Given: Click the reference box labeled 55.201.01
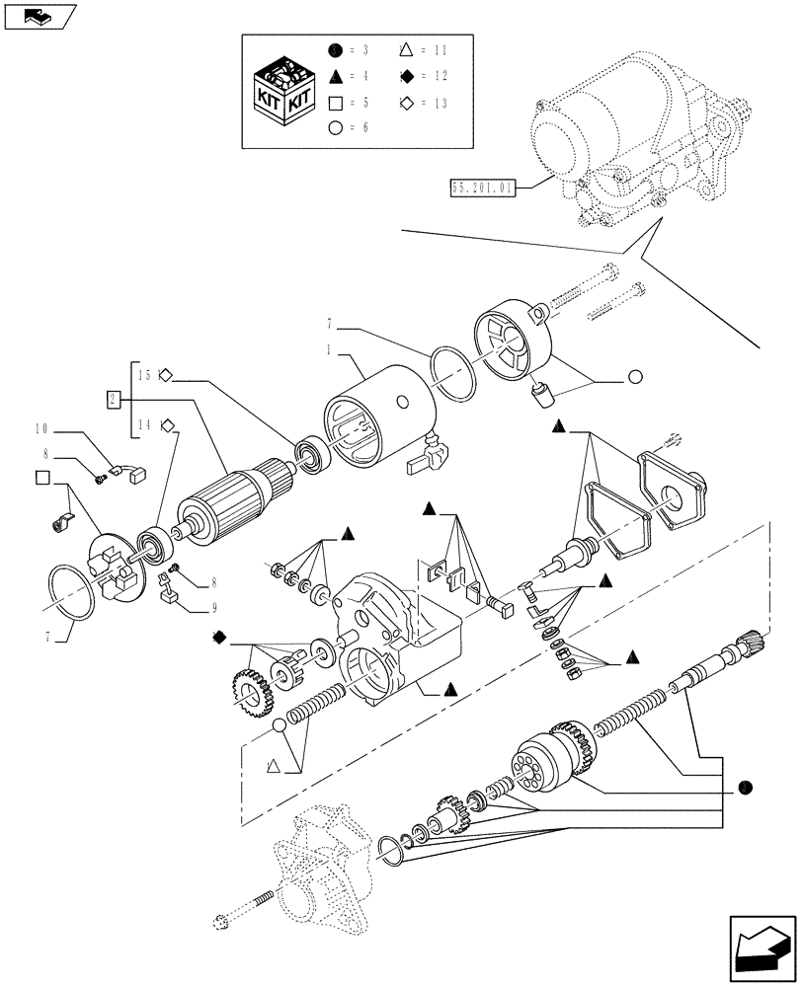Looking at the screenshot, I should pos(483,190).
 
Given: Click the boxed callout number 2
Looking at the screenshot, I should pos(114,399).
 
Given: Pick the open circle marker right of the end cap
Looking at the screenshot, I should pos(634,377).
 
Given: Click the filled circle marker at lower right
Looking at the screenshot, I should pos(746,787).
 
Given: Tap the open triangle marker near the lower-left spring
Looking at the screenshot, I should pos(274,763).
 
